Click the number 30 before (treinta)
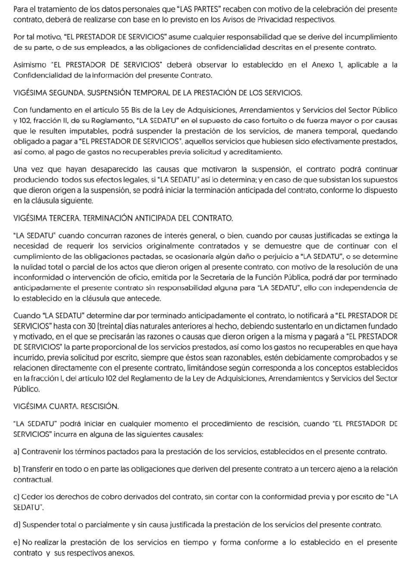pyautogui.click(x=92, y=326)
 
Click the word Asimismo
pyautogui.click(x=30, y=65)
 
